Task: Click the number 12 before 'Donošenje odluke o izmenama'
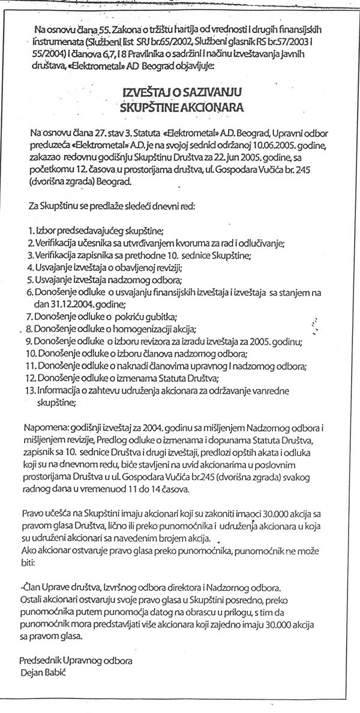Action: (x=31, y=379)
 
